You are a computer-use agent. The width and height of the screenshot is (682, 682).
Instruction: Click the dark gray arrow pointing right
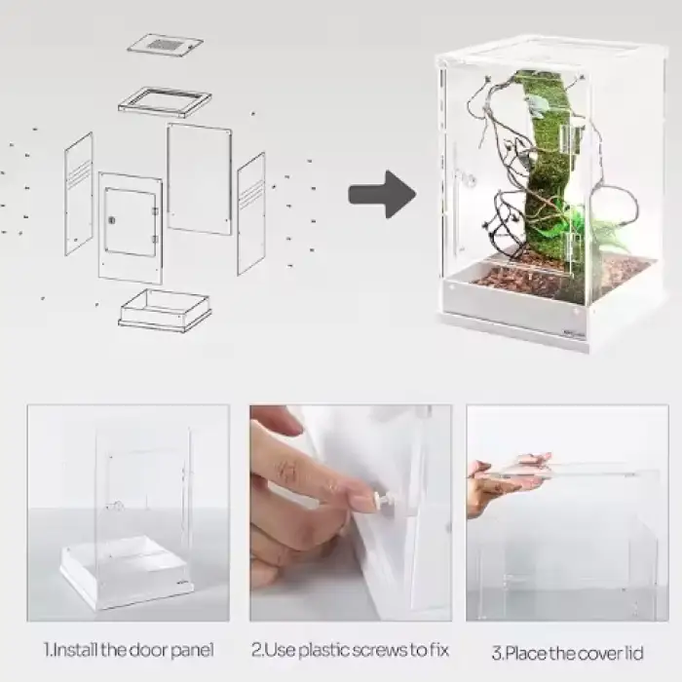tap(383, 195)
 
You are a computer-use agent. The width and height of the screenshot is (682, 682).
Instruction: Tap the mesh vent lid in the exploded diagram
tap(166, 45)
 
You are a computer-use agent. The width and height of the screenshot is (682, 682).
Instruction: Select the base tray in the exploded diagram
tap(165, 310)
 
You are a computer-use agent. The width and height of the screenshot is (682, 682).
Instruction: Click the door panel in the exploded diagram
tap(131, 227)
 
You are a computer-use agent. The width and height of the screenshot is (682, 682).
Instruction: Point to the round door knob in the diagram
tap(111, 220)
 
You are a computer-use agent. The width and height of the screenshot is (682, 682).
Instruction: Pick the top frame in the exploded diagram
tap(165, 102)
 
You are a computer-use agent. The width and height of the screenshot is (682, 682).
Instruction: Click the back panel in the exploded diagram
tap(199, 178)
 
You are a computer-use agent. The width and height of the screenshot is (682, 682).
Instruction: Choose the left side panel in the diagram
tap(79, 194)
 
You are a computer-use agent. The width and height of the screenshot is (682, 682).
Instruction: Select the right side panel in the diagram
tap(251, 213)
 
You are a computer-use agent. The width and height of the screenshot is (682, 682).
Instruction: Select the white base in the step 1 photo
tap(126, 574)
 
